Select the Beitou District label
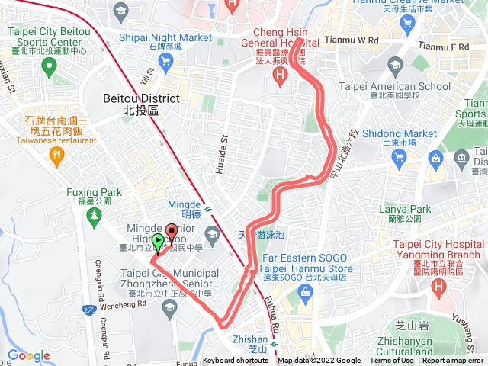141,104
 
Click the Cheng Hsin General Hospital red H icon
280,75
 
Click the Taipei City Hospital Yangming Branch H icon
438,287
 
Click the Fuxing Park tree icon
95,217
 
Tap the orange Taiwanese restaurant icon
56,156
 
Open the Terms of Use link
392,361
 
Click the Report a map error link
454,361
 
